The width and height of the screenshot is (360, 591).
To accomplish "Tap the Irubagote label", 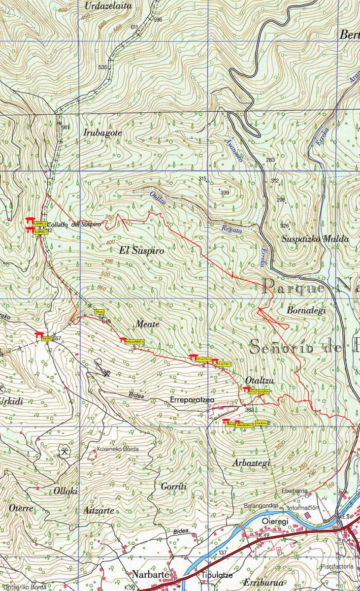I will tap(102, 132).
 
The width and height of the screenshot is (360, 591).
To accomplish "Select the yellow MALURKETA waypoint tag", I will tap(134, 341).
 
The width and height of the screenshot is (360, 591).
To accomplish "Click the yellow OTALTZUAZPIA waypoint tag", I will tap(259, 391).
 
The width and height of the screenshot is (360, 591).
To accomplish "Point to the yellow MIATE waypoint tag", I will tap(47, 339).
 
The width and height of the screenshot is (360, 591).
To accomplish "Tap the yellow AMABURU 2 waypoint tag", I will tap(245, 425).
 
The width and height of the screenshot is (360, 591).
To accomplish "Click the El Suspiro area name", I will tap(141, 251).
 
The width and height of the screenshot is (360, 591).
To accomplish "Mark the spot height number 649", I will tap(106, 322).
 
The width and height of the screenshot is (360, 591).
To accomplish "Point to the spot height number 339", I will tap(225, 193).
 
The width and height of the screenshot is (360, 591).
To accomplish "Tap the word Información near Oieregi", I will tap(303, 507).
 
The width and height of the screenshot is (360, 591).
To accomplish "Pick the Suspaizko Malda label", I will tap(315, 239).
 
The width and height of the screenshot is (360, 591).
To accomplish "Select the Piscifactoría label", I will tap(337, 566).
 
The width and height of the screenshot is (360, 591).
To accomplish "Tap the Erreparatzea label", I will tap(192, 400).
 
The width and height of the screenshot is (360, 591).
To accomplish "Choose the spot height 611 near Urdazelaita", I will tap(134, 27).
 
